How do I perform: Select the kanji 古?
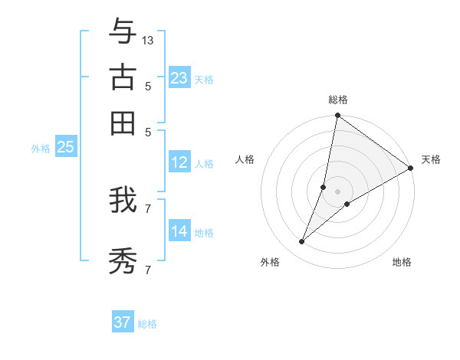(x=123, y=77)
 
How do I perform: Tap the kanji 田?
(x=123, y=123)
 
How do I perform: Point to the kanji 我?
(x=123, y=200)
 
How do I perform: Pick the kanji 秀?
(x=123, y=260)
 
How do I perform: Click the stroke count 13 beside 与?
(x=148, y=40)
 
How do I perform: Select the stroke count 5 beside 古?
(x=148, y=86)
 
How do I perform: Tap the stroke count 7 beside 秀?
(x=148, y=270)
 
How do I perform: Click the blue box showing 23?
(x=179, y=77)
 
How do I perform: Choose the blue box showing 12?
(x=179, y=162)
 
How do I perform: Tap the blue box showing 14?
(x=179, y=231)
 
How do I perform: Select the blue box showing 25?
(x=65, y=147)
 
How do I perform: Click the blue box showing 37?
(x=123, y=322)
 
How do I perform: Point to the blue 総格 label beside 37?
(x=147, y=324)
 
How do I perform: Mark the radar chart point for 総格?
(x=337, y=116)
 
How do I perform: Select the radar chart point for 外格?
(x=302, y=242)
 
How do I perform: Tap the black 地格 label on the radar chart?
(x=402, y=262)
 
